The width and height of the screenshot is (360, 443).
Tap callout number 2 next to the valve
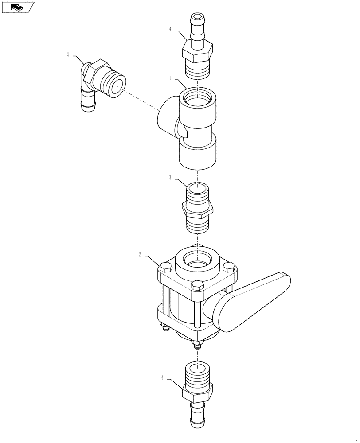(x=140, y=255)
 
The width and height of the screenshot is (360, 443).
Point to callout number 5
(x=68, y=54)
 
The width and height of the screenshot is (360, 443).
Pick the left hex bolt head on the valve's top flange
(x=165, y=268)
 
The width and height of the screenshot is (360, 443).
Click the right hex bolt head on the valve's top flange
(x=229, y=267)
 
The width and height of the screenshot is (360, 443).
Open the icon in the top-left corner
(x=18, y=7)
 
